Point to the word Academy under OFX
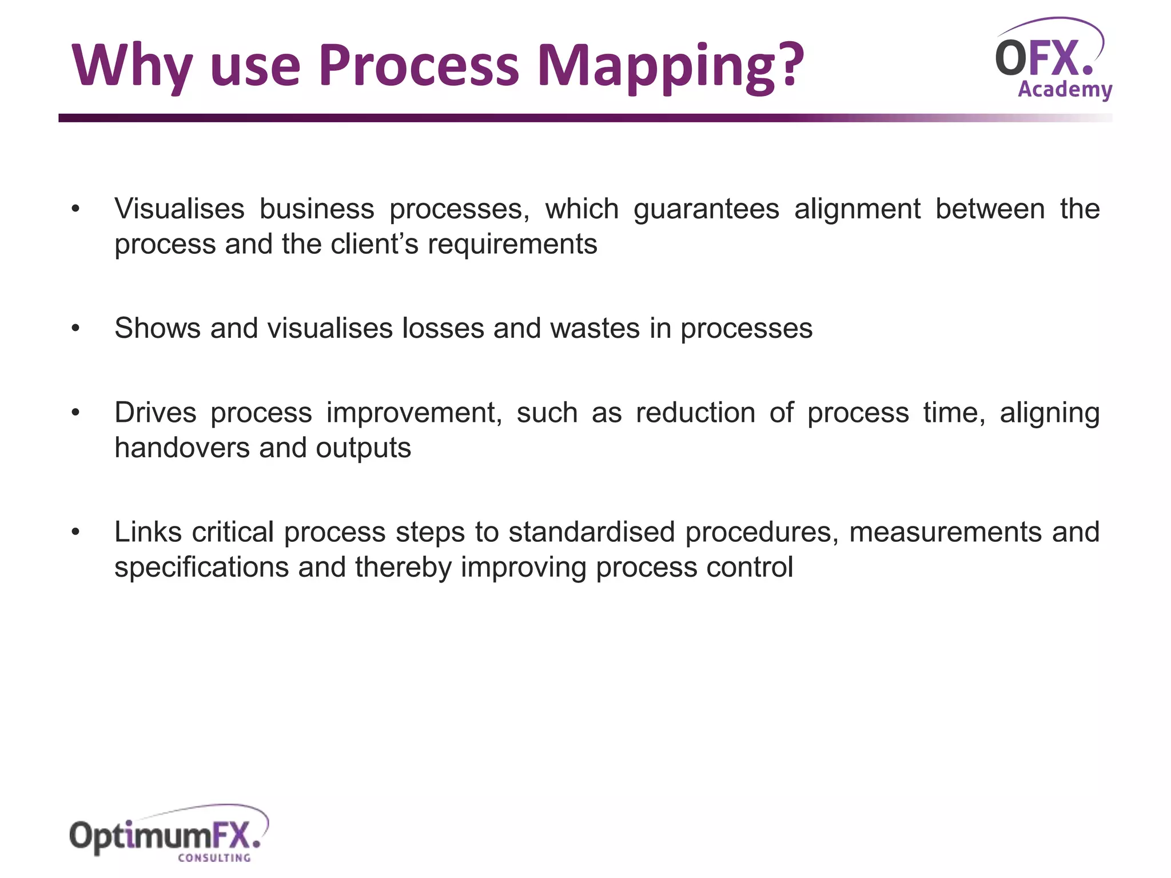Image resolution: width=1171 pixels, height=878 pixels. click(1065, 90)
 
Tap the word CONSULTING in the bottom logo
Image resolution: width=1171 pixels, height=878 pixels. click(214, 858)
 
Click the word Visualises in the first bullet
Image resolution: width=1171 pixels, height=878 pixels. click(180, 209)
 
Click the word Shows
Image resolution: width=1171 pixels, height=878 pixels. click(158, 328)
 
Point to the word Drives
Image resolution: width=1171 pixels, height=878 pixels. click(156, 413)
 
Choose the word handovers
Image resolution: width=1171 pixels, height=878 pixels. click(182, 448)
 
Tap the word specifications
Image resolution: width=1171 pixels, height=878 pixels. click(202, 568)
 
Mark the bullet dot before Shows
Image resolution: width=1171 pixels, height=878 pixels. click(75, 329)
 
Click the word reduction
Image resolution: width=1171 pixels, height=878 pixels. click(695, 413)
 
